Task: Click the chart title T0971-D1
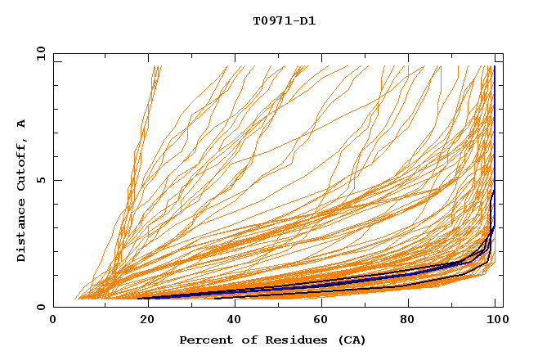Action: coord(284,21)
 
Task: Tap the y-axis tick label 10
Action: coord(39,54)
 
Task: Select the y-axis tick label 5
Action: coord(43,180)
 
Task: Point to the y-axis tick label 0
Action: coord(43,307)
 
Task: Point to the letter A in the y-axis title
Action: coord(22,124)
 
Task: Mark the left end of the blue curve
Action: coord(150,298)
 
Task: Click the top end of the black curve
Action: coord(493,190)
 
